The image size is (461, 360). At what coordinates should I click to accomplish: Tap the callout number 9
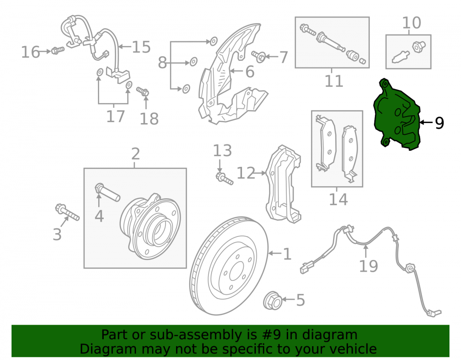click(439, 123)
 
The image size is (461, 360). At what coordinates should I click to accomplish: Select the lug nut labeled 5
click(272, 301)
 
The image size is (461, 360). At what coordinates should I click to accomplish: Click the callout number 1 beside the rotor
click(287, 254)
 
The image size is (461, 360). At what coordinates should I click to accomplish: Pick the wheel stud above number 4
click(107, 193)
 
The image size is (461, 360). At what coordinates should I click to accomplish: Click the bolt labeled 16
click(58, 50)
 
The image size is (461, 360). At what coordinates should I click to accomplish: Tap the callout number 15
click(141, 47)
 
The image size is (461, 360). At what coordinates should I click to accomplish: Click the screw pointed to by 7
click(259, 56)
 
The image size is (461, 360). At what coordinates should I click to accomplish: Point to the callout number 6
click(250, 72)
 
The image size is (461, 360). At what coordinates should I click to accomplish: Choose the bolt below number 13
click(225, 178)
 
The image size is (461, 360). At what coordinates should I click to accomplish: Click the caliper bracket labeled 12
click(284, 183)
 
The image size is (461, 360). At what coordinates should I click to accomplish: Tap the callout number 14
click(338, 199)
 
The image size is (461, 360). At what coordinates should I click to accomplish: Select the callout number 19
click(368, 266)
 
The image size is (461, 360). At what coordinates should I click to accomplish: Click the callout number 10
click(411, 23)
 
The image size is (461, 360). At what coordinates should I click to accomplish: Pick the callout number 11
click(334, 81)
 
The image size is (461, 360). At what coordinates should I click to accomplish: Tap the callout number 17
click(116, 116)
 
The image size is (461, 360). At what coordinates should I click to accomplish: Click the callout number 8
click(162, 63)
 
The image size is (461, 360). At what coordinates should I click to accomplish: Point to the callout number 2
click(135, 153)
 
